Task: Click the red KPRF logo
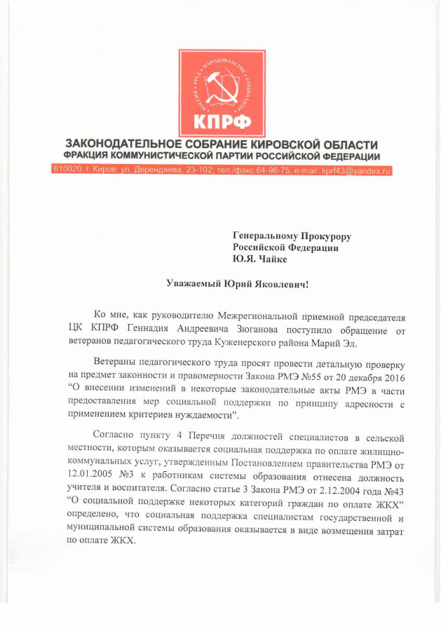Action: click(x=221, y=93)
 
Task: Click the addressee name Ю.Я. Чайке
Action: click(x=260, y=259)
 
